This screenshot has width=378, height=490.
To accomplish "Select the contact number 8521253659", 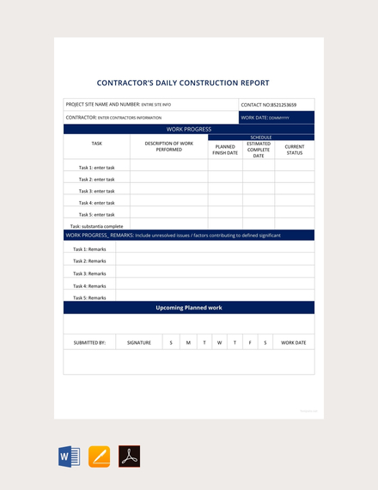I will [269, 104].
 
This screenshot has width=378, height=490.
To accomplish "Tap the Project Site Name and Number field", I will [119, 104].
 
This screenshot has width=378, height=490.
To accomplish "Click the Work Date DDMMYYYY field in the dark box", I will [265, 118].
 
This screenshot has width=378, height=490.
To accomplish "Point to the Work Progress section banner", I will [189, 129].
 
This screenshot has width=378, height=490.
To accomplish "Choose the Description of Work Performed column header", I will [168, 146].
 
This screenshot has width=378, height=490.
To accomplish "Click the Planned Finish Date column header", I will [225, 150].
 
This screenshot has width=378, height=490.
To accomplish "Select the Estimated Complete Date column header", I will [259, 150].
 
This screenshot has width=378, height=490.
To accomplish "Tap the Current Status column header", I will [295, 150].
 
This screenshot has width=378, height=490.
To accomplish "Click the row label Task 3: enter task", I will [96, 191].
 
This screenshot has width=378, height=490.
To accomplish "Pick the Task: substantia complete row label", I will [96, 226].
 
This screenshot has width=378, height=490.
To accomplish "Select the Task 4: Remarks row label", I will [89, 285].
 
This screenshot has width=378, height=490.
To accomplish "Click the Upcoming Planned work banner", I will [189, 307].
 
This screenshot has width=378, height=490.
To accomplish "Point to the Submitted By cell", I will [89, 342].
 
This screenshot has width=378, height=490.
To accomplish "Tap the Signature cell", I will [139, 342].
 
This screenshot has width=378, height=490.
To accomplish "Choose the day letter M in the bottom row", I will [188, 342].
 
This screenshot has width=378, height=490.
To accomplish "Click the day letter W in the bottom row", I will [219, 342].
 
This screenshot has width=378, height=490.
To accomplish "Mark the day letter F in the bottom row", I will [250, 342].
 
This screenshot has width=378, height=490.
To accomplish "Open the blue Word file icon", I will [69, 456].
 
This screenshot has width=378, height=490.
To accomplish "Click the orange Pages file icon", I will [100, 456].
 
